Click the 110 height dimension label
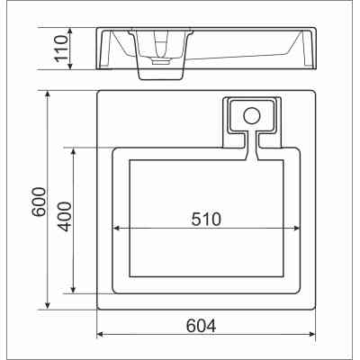pos(61,49)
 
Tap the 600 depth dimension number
pos(40,202)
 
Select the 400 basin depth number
pos(65,217)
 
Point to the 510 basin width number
pos(206,219)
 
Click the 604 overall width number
pos(201,326)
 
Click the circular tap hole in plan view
pos(251,116)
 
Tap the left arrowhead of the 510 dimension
pos(116,229)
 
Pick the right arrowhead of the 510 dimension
pos(296,229)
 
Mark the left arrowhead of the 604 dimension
pos(101,334)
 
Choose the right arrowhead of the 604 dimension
pos(312,334)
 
